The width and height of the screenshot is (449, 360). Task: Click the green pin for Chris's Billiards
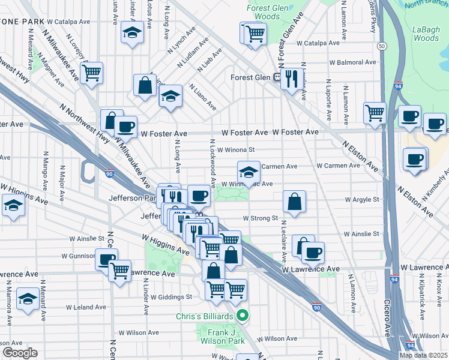coord(243,316)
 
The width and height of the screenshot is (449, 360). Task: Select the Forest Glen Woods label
coord(263,12)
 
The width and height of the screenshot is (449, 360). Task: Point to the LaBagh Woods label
coord(426,32)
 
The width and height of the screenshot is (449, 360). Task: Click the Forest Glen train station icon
coord(277,77)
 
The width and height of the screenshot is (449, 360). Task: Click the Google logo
coord(19,352)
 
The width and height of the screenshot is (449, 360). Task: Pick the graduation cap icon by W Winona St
coord(249,171)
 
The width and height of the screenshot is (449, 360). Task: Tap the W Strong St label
coord(260,218)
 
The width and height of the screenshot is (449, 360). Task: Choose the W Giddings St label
coord(171,296)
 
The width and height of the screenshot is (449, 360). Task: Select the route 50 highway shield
coord(381,46)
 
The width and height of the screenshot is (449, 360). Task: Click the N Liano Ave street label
coord(202,97)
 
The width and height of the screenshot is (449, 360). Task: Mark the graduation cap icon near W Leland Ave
coord(28,299)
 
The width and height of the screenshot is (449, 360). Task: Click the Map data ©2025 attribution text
coord(423,355)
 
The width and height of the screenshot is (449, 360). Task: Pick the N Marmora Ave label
coord(7,295)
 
